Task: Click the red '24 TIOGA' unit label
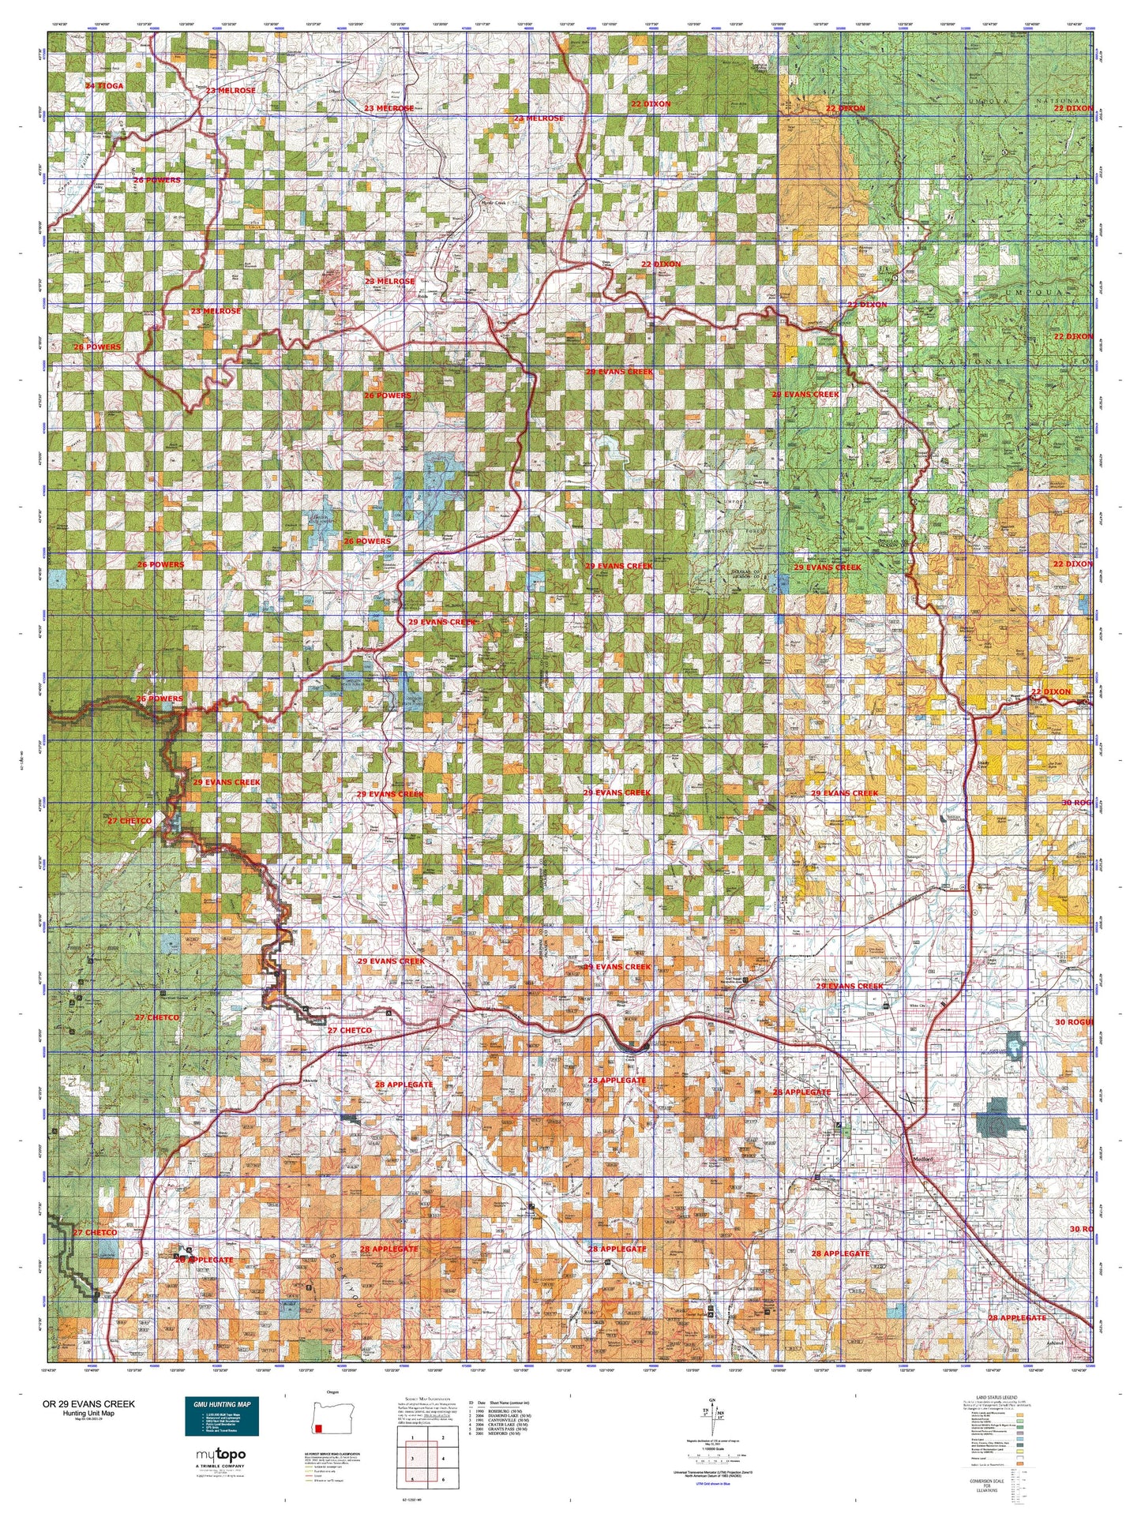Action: point(105,85)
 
